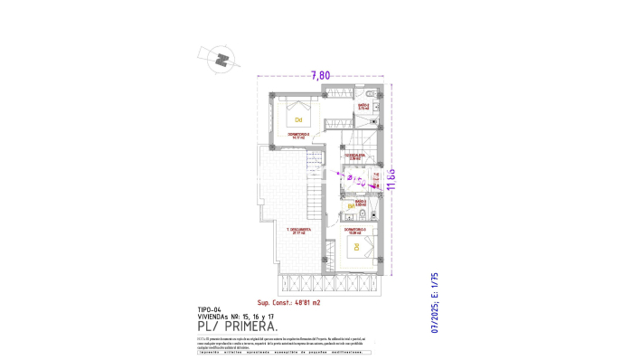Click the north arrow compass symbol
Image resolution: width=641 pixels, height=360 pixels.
(x=221, y=60)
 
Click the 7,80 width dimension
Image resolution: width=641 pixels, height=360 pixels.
(x=320, y=76)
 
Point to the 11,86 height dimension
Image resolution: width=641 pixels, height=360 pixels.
(x=392, y=182)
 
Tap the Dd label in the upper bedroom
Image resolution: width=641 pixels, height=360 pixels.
(x=297, y=118)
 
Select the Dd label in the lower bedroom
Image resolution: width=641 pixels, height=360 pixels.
(x=356, y=246)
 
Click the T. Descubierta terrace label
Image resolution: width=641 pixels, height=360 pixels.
(x=298, y=231)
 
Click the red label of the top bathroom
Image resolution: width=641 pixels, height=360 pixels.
(x=363, y=107)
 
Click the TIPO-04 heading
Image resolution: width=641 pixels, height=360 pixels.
(x=209, y=309)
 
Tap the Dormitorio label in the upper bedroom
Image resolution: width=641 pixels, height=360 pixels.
(x=298, y=136)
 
